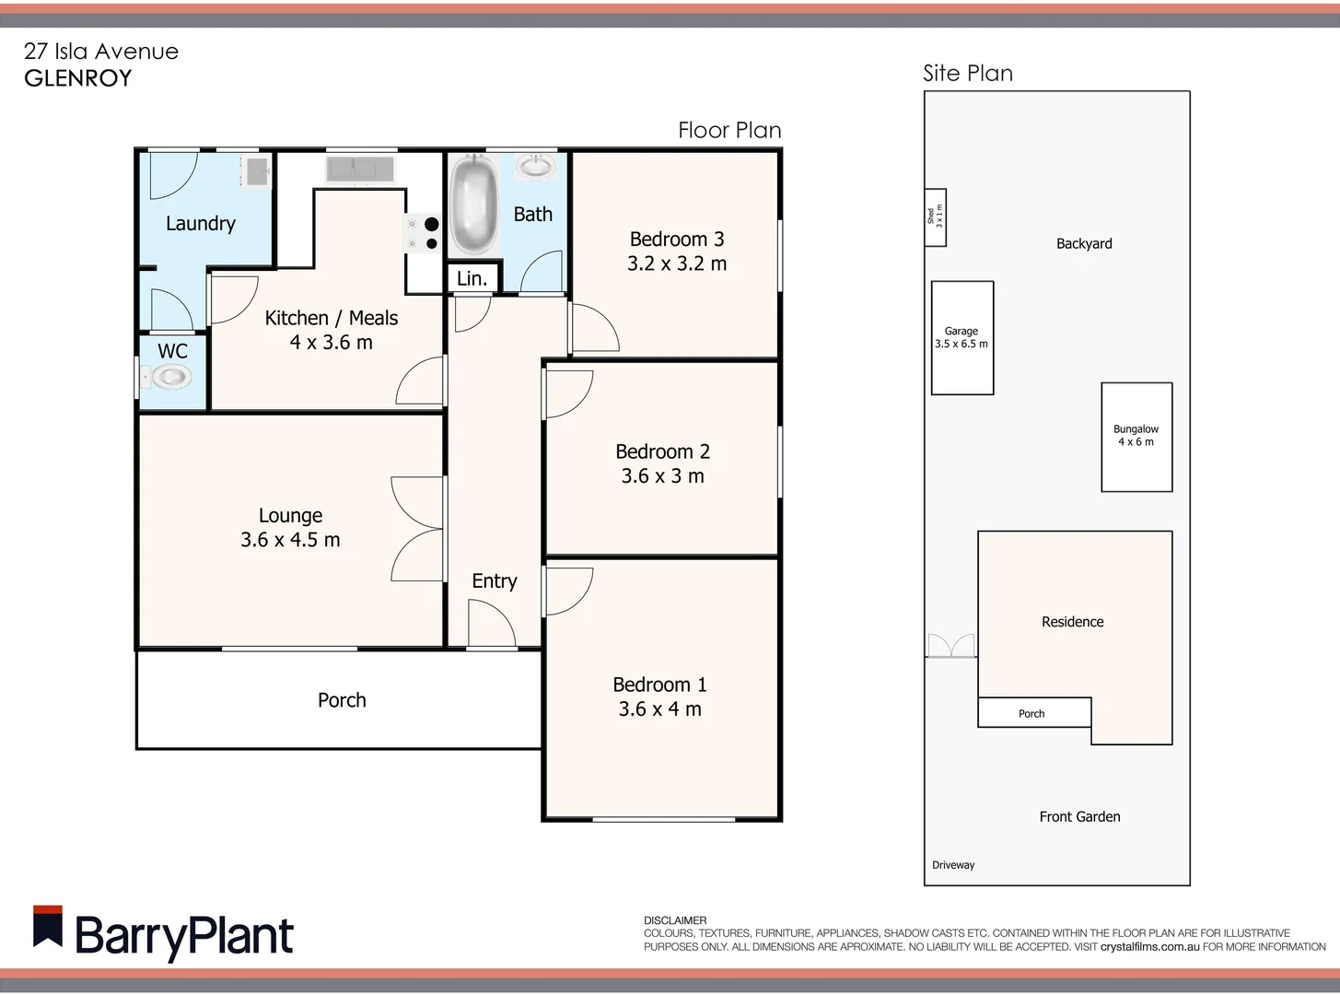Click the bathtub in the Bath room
pos(474,205)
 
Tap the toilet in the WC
pos(170,377)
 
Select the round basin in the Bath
pos(535,167)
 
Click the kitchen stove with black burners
pos(422,234)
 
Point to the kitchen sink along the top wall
pos(360,170)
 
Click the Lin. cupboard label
pos(472,278)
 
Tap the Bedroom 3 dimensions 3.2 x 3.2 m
pos(677,263)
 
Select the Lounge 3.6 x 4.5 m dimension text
pos(290,540)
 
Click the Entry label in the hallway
pos(495,580)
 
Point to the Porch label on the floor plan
pos(342,700)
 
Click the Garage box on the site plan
pos(962,338)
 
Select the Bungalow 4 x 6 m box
pos(1136,437)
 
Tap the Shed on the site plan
pos(935,217)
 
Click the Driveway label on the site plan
pos(953,865)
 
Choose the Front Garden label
pos(1079,816)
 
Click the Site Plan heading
pos(968,74)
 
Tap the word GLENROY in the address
pos(78,78)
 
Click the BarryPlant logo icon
pos(48,927)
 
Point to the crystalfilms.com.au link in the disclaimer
pos(1149,946)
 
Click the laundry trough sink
pos(256,170)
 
